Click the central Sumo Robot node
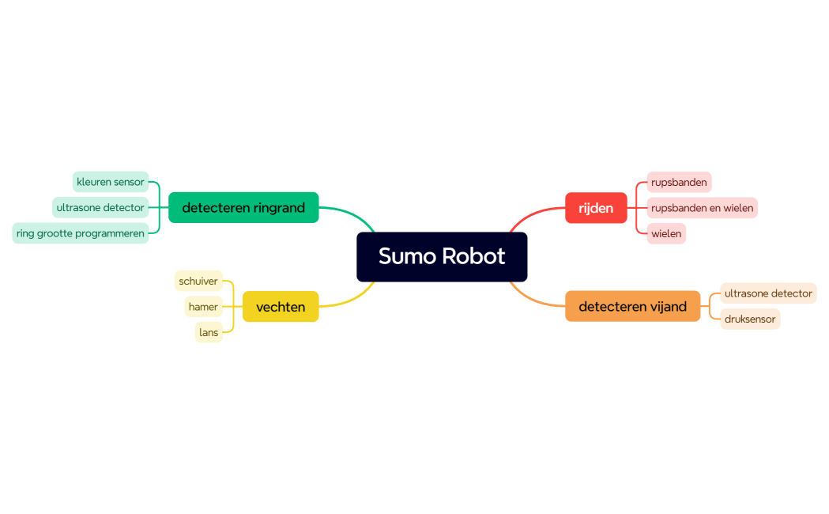pos(442,256)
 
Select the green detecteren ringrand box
pos(243,208)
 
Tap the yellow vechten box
pos(281,307)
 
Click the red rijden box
pos(596,208)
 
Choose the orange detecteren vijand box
pos(632,306)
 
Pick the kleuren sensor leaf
pos(111,182)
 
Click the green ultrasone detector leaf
pos(100,208)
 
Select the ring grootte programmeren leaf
pos(81,233)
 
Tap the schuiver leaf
pos(198,281)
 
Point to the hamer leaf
pos(203,307)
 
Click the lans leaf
pos(209,332)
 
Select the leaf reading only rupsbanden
pos(679,182)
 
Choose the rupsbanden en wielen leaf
pos(702,208)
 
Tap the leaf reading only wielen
pos(666,233)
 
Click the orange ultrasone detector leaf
pos(768,293)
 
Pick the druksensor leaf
pos(750,319)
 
